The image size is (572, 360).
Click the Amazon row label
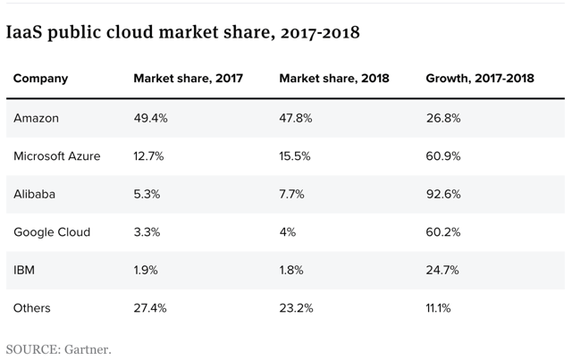[x=37, y=118]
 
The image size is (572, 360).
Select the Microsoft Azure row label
[x=56, y=155]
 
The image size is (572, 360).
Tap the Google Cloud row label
[x=51, y=232]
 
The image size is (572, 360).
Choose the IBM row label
[x=24, y=270]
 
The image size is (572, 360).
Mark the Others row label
[x=31, y=308]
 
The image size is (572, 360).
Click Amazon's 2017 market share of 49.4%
[x=149, y=118]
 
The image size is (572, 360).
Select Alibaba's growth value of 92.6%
[x=442, y=194]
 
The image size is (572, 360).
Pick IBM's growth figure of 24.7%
[x=442, y=270]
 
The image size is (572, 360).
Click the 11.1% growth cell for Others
[x=438, y=308]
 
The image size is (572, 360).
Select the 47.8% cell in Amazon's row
[x=296, y=118]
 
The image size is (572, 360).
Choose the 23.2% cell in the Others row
[x=295, y=308]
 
